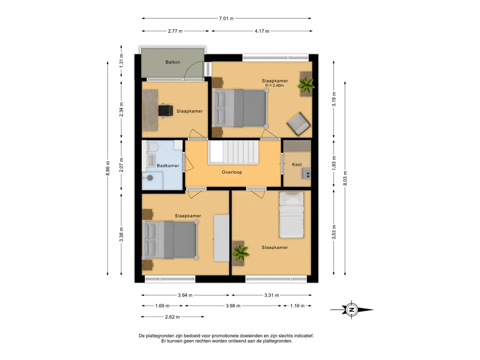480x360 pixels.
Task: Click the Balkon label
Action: pos(172,62)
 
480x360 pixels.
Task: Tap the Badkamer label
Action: pos(168,165)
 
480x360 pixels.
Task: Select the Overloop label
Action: pos(232,172)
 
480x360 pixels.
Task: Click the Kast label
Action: pos(297,165)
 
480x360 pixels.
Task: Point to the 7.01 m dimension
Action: pos(226,18)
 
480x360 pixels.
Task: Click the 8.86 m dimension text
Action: pos(108,168)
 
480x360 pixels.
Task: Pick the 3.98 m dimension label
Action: pos(233,306)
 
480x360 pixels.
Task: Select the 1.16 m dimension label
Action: pos(297,306)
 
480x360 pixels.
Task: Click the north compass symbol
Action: pos(352,309)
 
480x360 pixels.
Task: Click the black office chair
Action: pos(165,111)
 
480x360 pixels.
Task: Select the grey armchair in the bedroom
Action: pos(299,124)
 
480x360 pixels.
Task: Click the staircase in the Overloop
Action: pos(233,152)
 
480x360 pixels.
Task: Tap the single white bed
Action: pos(292,215)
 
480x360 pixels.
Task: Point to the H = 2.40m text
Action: pos(275,85)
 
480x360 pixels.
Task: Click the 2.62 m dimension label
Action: pos(172,317)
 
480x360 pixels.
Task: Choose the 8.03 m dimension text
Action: pos(345,178)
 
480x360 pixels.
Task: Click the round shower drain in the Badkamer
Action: pos(150,178)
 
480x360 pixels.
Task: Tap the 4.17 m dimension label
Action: pos(262,31)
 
